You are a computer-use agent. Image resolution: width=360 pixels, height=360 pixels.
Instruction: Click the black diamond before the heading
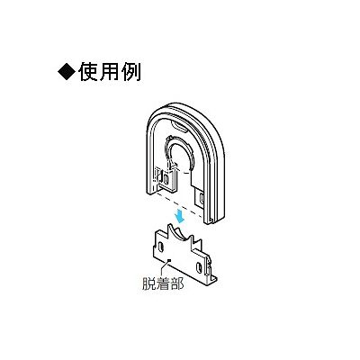tap(67, 72)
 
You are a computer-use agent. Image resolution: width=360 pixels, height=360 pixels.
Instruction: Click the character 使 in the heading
tap(89, 72)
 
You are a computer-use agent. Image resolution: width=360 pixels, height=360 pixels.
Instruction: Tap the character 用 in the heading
tap(110, 72)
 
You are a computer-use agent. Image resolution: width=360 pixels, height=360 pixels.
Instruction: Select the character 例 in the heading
tap(130, 72)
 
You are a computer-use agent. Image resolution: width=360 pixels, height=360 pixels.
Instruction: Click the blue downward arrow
tap(180, 216)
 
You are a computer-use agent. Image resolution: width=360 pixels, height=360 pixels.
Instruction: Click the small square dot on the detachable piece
tap(170, 260)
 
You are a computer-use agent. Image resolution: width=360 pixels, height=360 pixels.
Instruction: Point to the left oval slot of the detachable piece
tap(161, 247)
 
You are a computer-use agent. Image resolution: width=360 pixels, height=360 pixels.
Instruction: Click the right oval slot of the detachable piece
tap(199, 266)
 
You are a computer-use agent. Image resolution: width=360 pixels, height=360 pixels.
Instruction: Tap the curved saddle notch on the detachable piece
tap(179, 233)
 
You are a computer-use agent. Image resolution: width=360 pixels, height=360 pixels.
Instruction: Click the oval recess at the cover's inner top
tap(179, 126)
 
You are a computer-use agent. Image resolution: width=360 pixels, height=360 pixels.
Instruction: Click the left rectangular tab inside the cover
tap(165, 179)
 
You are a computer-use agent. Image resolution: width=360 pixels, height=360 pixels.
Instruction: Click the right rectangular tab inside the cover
tap(201, 198)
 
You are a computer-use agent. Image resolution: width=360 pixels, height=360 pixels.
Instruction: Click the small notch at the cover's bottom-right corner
tap(211, 221)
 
